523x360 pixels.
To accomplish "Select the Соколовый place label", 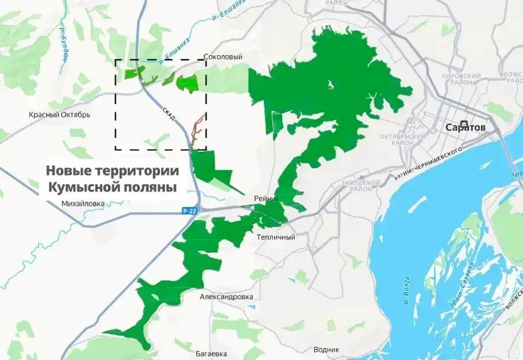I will [223, 57].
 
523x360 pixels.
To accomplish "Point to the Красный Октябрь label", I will [60, 114].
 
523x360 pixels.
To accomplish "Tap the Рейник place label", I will [266, 198].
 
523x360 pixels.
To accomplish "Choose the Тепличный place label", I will [276, 237].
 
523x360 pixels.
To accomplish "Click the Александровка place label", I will [226, 297].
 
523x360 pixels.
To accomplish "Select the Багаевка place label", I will [211, 354].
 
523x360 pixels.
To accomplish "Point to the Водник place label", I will [326, 349].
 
